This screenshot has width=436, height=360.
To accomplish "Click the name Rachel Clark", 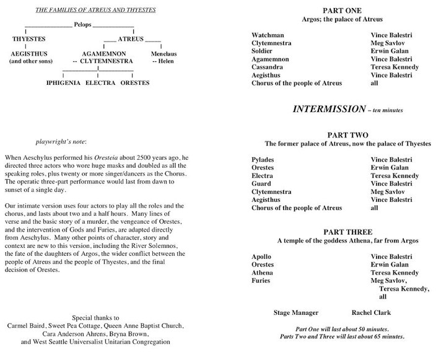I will click(371, 313).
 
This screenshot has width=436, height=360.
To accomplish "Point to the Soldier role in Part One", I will click(265, 51).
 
